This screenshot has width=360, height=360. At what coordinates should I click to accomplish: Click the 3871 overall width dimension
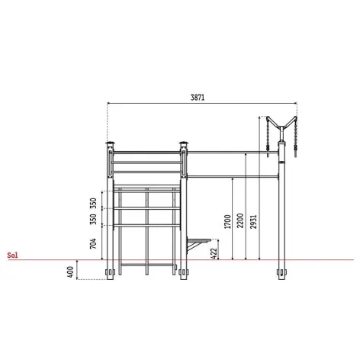pos(198,98)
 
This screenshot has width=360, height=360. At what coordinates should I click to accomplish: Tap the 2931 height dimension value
pos(253,222)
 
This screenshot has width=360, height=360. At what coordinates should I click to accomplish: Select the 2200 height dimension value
pos(240,220)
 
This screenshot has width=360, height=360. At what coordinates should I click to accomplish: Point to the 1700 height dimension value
pos(227,222)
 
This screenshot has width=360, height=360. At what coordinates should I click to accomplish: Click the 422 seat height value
pos(214,253)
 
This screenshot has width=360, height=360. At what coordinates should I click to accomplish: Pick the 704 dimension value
pos(93,243)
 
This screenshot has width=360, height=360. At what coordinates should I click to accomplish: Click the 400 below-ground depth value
pos(70,272)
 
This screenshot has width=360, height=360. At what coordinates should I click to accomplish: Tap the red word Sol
pos(13,256)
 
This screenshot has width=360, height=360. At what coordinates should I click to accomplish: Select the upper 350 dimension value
pos(93,203)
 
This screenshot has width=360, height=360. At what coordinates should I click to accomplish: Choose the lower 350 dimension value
pos(93,219)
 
